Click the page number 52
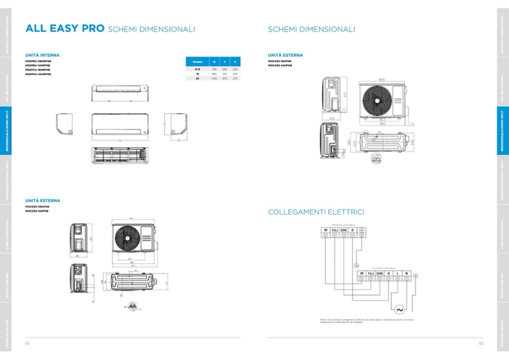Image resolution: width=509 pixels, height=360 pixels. (x=27, y=344)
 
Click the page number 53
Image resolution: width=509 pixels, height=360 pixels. (x=480, y=344)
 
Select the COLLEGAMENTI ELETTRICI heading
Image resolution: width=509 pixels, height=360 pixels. (x=316, y=212)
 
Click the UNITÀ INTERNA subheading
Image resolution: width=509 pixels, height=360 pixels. (x=42, y=55)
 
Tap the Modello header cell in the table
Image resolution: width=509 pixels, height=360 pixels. (x=197, y=62)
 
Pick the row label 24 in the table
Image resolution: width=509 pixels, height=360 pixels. (x=197, y=78)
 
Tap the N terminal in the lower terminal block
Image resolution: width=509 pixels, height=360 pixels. (x=406, y=274)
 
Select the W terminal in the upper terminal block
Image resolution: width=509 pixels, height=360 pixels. (x=325, y=230)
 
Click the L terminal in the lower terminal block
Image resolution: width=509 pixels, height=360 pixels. (x=398, y=274)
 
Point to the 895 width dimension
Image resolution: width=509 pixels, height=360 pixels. (x=382, y=80)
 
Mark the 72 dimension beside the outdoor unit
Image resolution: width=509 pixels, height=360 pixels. (x=412, y=123)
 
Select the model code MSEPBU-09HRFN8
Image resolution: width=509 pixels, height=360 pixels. (x=38, y=61)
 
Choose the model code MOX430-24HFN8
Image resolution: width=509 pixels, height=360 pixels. (x=280, y=65)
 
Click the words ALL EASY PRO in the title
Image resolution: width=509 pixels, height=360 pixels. (x=65, y=29)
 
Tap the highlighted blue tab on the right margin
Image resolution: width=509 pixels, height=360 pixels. (x=502, y=131)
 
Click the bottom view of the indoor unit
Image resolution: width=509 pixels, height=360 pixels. (x=118, y=153)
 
